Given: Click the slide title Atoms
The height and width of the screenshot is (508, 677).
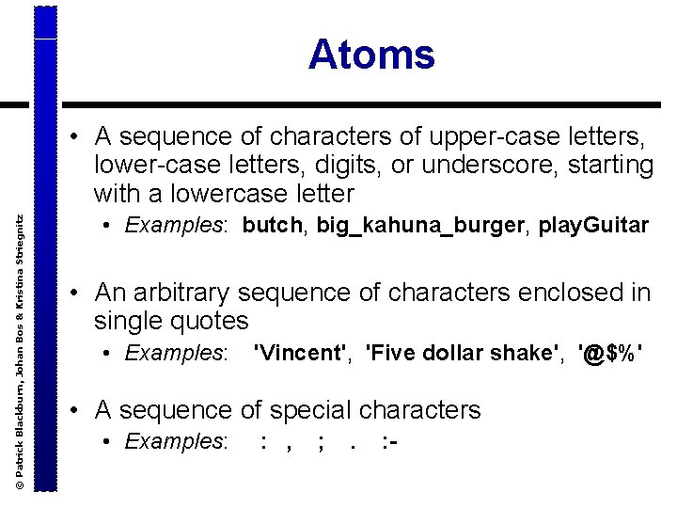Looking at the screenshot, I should pyautogui.click(x=371, y=55).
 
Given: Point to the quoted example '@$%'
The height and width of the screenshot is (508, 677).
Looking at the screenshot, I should pyautogui.click(x=612, y=353).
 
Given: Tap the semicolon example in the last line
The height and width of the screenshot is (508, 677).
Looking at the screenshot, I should pyautogui.click(x=323, y=440).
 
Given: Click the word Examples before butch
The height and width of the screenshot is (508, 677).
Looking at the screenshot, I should pyautogui.click(x=176, y=226).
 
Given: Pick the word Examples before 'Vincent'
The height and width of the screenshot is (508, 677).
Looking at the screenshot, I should pyautogui.click(x=176, y=353).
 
